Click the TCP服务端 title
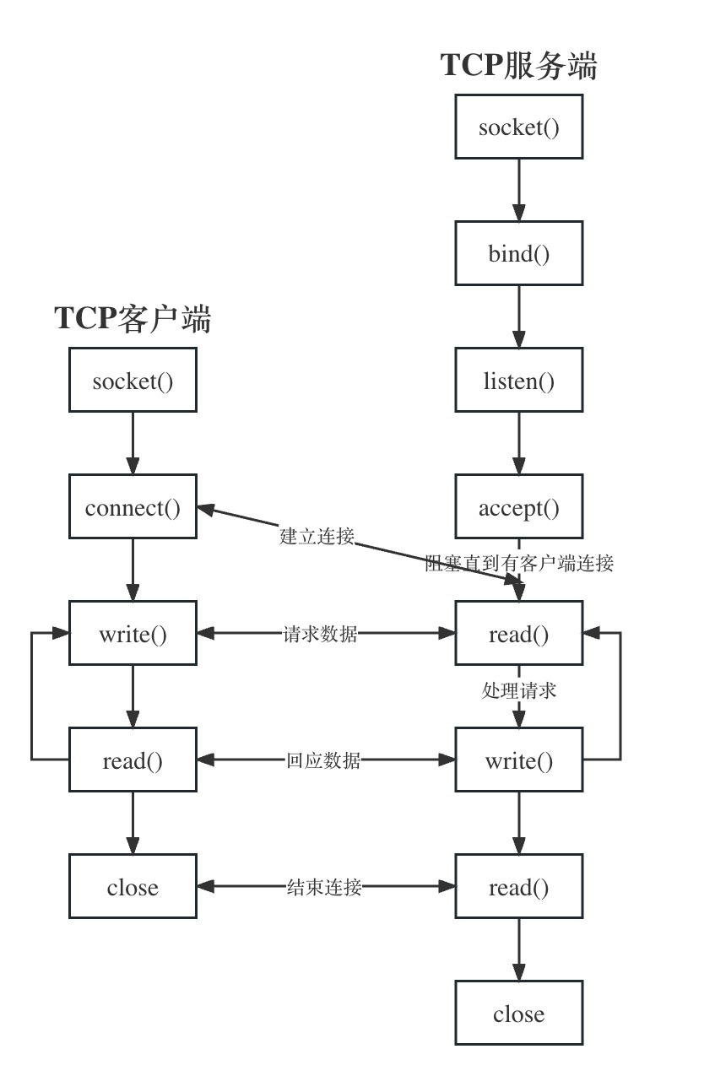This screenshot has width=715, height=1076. (518, 66)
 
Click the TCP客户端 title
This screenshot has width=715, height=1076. (133, 319)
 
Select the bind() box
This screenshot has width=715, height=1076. (518, 253)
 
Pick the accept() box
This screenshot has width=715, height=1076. (518, 507)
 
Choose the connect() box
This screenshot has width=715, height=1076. (133, 507)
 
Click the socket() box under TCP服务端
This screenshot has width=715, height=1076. (518, 127)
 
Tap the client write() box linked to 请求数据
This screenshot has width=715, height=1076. (133, 633)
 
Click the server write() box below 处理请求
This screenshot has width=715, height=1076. (518, 760)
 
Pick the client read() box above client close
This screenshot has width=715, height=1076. (133, 760)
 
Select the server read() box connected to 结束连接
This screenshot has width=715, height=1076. (518, 887)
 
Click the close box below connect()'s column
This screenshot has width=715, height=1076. (133, 887)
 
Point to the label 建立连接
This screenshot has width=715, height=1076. (317, 536)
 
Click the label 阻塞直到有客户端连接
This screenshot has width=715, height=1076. (519, 563)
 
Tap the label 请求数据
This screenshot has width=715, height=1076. (320, 634)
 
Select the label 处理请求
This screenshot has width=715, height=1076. (518, 689)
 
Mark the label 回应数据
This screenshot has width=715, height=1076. (322, 760)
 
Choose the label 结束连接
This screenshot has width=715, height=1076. (323, 887)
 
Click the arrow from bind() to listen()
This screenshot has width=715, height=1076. (518, 316)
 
